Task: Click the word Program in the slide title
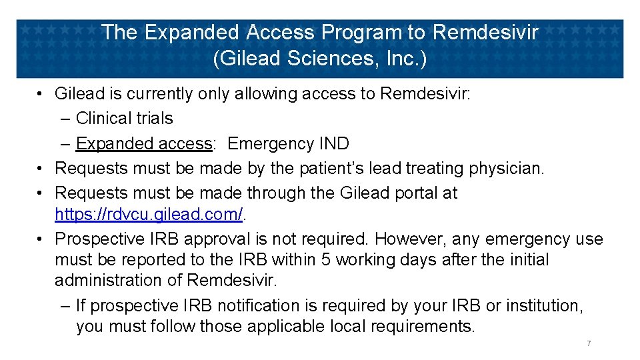pyautogui.click(x=361, y=33)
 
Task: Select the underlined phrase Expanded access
pyautogui.click(x=144, y=143)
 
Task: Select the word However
pyautogui.click(x=412, y=239)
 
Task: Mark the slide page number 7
pyautogui.click(x=589, y=343)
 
